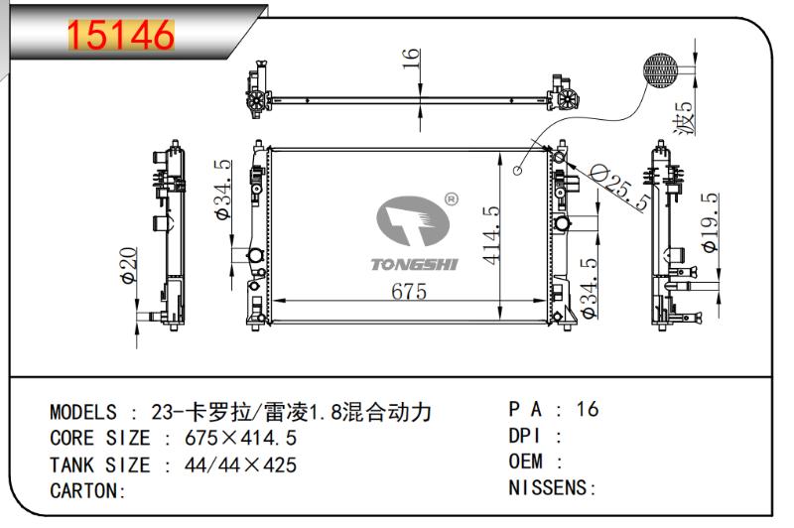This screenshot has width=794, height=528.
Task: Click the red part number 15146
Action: tap(120, 35)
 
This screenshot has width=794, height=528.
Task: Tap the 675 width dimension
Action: tap(409, 291)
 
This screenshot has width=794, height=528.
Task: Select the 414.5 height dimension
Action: tap(490, 235)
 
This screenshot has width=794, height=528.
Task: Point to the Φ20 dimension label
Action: tap(128, 265)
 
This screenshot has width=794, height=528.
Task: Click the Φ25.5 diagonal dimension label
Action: tap(621, 187)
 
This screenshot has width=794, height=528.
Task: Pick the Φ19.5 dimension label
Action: tap(710, 222)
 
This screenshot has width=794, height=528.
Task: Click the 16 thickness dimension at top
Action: tap(411, 59)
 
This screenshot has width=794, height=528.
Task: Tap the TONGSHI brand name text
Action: tap(414, 264)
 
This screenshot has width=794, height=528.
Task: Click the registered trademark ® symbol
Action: tap(452, 198)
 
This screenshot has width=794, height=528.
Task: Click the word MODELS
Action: tap(83, 412)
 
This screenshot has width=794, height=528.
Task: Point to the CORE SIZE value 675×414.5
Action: tap(240, 438)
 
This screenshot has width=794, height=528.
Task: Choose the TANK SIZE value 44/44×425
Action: tap(240, 464)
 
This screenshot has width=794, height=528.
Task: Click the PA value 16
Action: tap(588, 409)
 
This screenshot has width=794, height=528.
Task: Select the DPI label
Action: tap(525, 436)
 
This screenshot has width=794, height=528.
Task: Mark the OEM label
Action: tap(526, 462)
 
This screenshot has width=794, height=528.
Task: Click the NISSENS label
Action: tap(547, 488)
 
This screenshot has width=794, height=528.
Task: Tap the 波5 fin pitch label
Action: tap(684, 117)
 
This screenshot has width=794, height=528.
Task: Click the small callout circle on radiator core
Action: tap(517, 171)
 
